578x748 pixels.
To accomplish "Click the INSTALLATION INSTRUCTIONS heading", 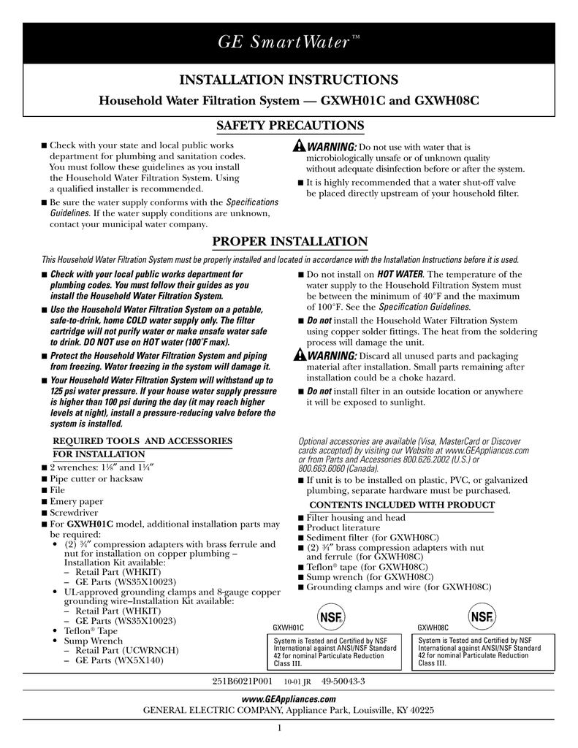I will pyautogui.click(x=289, y=80).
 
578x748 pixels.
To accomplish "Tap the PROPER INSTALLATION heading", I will pyautogui.click(x=289, y=241).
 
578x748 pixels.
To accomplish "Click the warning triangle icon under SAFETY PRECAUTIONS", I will pyautogui.click(x=296, y=147).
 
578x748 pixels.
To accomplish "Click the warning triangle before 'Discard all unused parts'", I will pyautogui.click(x=296, y=355).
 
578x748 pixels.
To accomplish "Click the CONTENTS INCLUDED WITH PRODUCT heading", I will pyautogui.click(x=403, y=505).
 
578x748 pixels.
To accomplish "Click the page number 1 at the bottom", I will pyautogui.click(x=281, y=728).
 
